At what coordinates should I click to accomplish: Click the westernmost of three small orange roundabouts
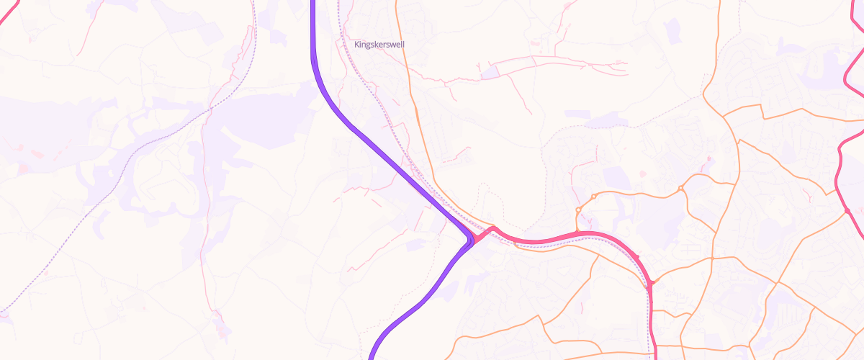pos(578,210)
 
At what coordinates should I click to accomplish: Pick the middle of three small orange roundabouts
pos(593,197)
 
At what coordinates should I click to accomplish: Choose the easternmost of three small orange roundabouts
pos(680,189)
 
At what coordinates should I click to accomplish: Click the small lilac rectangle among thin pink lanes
pos(490,72)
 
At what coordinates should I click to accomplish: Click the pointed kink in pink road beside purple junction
pos(492,229)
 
